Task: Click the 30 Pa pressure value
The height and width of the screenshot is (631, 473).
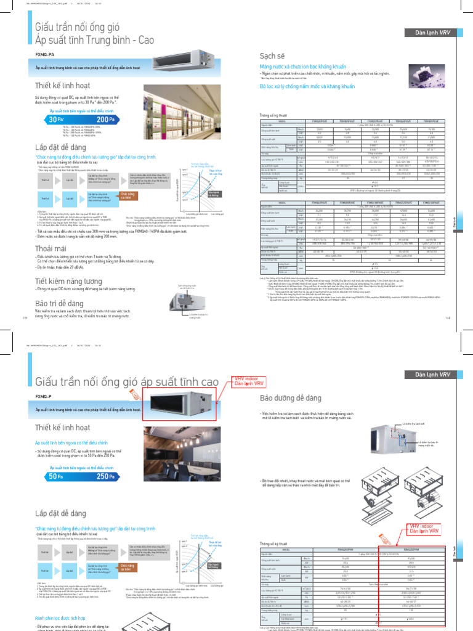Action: pyautogui.click(x=57, y=120)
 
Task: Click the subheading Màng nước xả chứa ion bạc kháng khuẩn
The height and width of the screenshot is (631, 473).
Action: pyautogui.click(x=302, y=66)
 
